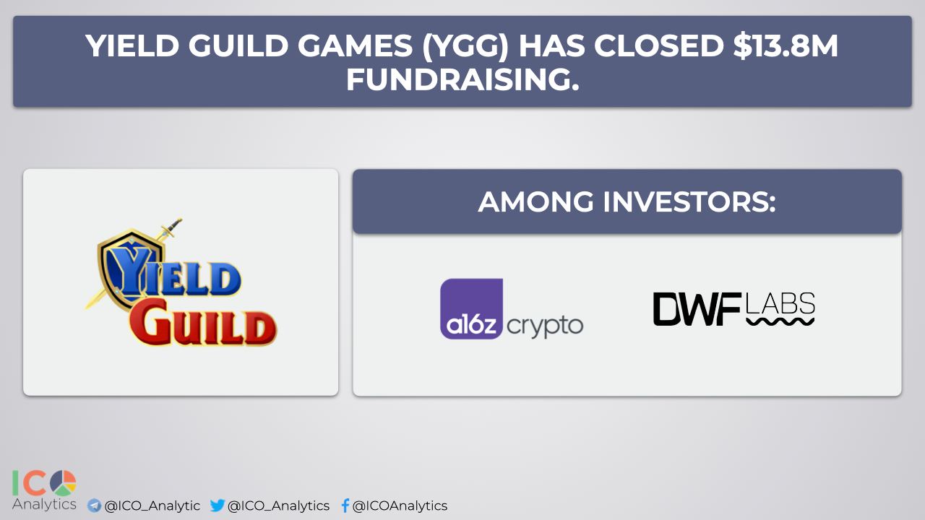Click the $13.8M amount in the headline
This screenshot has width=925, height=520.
pos(786,45)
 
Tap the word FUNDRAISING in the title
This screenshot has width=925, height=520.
pos(462,79)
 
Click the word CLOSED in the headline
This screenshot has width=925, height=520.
pos(658,45)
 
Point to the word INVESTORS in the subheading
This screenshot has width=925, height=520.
pos(689,201)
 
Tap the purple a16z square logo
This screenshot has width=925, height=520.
pos(471,309)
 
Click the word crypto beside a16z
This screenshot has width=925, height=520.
pos(545,326)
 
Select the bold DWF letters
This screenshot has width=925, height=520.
pos(697,309)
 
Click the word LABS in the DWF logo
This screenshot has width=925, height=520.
pos(780,303)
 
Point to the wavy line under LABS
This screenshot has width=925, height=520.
pos(780,322)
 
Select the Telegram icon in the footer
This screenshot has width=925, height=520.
pos(94,506)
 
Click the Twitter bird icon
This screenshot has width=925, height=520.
pos(218,505)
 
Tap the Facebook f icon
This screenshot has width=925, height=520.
pos(345,505)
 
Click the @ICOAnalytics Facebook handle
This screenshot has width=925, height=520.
pos(400,506)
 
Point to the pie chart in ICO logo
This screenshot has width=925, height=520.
pos(63,483)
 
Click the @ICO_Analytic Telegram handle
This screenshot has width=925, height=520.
pos(152,506)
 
